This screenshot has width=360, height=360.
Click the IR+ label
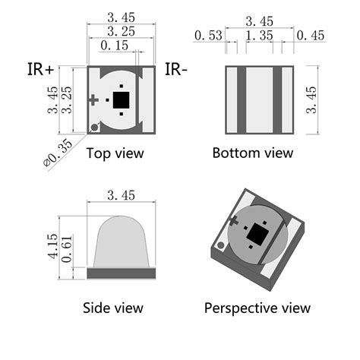click(39, 70)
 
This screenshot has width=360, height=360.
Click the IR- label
click(176, 70)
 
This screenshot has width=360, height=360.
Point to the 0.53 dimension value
click(208, 35)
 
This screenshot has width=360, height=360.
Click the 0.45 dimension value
click(311, 35)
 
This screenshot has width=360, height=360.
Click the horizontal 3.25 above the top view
click(122, 31)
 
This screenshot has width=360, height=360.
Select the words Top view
click(115, 153)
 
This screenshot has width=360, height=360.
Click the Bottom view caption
click(252, 153)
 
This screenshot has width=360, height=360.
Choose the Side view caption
click(112, 308)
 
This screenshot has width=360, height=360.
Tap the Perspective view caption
click(257, 308)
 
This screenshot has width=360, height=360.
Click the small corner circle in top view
click(93, 128)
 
